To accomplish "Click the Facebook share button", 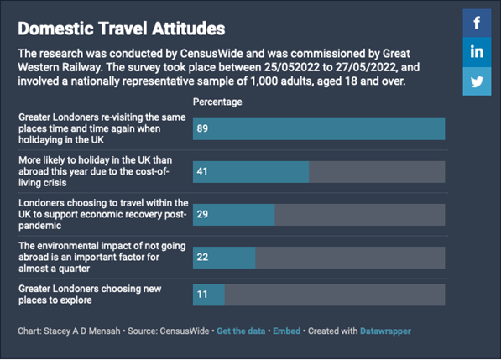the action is (477, 23).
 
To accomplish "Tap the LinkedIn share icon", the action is (477, 52).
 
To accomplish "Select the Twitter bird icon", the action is (477, 81).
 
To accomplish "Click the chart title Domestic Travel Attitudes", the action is (122, 29).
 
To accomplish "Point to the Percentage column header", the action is (217, 102).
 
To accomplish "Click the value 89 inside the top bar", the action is (202, 128).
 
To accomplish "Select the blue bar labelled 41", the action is (251, 172).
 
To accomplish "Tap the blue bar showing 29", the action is (234, 215).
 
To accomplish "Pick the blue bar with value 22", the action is (224, 258).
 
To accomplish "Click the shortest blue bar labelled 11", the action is (209, 295).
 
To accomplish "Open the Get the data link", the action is (241, 331).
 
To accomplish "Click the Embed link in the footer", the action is (287, 331).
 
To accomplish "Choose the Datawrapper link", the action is (385, 331).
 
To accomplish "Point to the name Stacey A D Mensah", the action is (81, 331).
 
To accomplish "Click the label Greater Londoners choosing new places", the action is (90, 295).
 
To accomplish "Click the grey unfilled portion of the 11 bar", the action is (335, 295).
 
